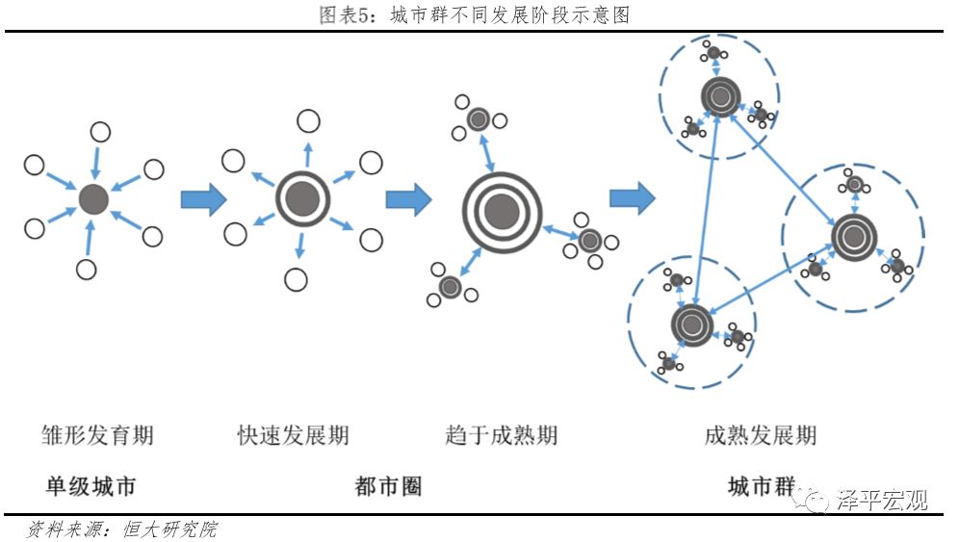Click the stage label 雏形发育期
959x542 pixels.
97,435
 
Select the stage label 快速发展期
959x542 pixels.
294,435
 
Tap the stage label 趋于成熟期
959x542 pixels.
502,435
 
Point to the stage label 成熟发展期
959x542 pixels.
760,435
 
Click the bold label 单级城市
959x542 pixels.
91,486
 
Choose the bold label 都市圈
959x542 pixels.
388,486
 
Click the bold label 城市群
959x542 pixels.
760,486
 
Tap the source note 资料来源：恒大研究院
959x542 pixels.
122,529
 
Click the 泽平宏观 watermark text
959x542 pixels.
881,501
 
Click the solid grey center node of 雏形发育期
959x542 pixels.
93,199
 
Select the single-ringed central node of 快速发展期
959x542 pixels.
302,198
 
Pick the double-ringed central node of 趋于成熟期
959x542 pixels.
502,211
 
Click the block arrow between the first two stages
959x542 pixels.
203,199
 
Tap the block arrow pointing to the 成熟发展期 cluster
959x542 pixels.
632,199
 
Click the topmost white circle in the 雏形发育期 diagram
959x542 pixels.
100,132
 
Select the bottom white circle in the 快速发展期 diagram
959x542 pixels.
297,280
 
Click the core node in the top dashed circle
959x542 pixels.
718,95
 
